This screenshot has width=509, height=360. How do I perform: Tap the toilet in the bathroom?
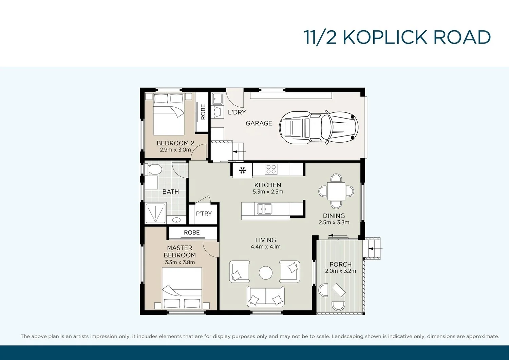click(153, 169)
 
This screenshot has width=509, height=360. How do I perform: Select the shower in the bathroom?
click(155, 213)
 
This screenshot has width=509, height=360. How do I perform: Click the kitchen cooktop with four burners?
click(271, 169)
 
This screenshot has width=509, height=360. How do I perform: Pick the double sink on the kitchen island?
click(264, 209)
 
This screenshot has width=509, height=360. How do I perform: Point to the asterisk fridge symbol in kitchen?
click(242, 170)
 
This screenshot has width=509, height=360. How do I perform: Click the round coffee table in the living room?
click(265, 273)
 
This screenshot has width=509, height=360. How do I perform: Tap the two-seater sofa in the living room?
click(265, 297)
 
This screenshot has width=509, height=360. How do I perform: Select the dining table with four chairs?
click(336, 191)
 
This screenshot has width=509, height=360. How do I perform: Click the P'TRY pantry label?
click(204, 214)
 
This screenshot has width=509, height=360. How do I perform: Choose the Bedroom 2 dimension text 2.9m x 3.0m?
click(175, 150)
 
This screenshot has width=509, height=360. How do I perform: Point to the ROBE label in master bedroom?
click(192, 233)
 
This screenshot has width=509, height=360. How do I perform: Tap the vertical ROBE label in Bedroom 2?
click(203, 112)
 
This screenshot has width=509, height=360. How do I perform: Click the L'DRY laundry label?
click(237, 112)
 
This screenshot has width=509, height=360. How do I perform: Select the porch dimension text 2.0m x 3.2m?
click(340, 271)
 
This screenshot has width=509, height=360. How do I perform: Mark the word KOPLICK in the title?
click(385, 37)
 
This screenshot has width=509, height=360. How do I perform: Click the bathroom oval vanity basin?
click(176, 220)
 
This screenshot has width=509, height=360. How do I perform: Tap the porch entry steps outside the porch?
click(372, 249)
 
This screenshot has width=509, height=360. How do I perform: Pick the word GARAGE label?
click(259, 123)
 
